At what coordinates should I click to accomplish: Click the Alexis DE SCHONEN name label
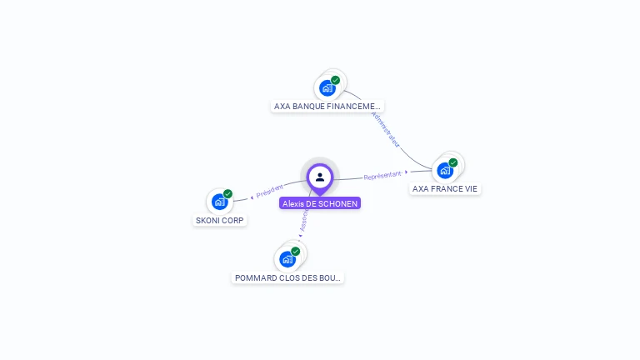click(320, 203)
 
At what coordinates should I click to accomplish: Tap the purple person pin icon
click(320, 177)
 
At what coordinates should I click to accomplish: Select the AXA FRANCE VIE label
click(445, 189)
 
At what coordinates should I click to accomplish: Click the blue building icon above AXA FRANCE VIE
click(446, 170)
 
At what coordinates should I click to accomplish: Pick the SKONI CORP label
click(220, 220)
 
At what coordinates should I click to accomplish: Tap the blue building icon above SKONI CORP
click(219, 201)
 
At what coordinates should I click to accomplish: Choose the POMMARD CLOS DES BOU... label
click(287, 277)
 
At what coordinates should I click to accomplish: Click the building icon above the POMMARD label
click(287, 258)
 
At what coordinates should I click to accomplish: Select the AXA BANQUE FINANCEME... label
click(327, 106)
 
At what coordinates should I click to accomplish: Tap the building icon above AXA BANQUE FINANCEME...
click(327, 87)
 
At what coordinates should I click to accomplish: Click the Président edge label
click(270, 191)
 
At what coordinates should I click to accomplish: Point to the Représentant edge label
click(382, 176)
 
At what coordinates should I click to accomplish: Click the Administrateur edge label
click(386, 129)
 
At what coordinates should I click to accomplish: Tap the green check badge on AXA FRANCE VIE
click(453, 162)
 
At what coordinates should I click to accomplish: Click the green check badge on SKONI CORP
click(227, 194)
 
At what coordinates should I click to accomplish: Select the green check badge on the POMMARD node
click(295, 251)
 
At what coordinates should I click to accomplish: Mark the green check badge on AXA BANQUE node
click(335, 80)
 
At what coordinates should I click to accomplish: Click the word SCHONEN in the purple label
click(337, 203)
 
